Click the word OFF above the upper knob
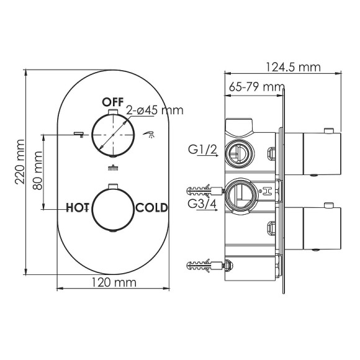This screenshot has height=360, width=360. [x=114, y=101]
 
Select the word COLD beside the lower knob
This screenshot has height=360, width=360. [x=151, y=207]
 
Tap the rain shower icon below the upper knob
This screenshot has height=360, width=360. [x=113, y=166]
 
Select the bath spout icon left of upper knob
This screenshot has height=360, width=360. [x=78, y=132]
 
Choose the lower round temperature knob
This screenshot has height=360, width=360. [x=113, y=208]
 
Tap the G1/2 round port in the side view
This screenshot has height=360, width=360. [x=236, y=150]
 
